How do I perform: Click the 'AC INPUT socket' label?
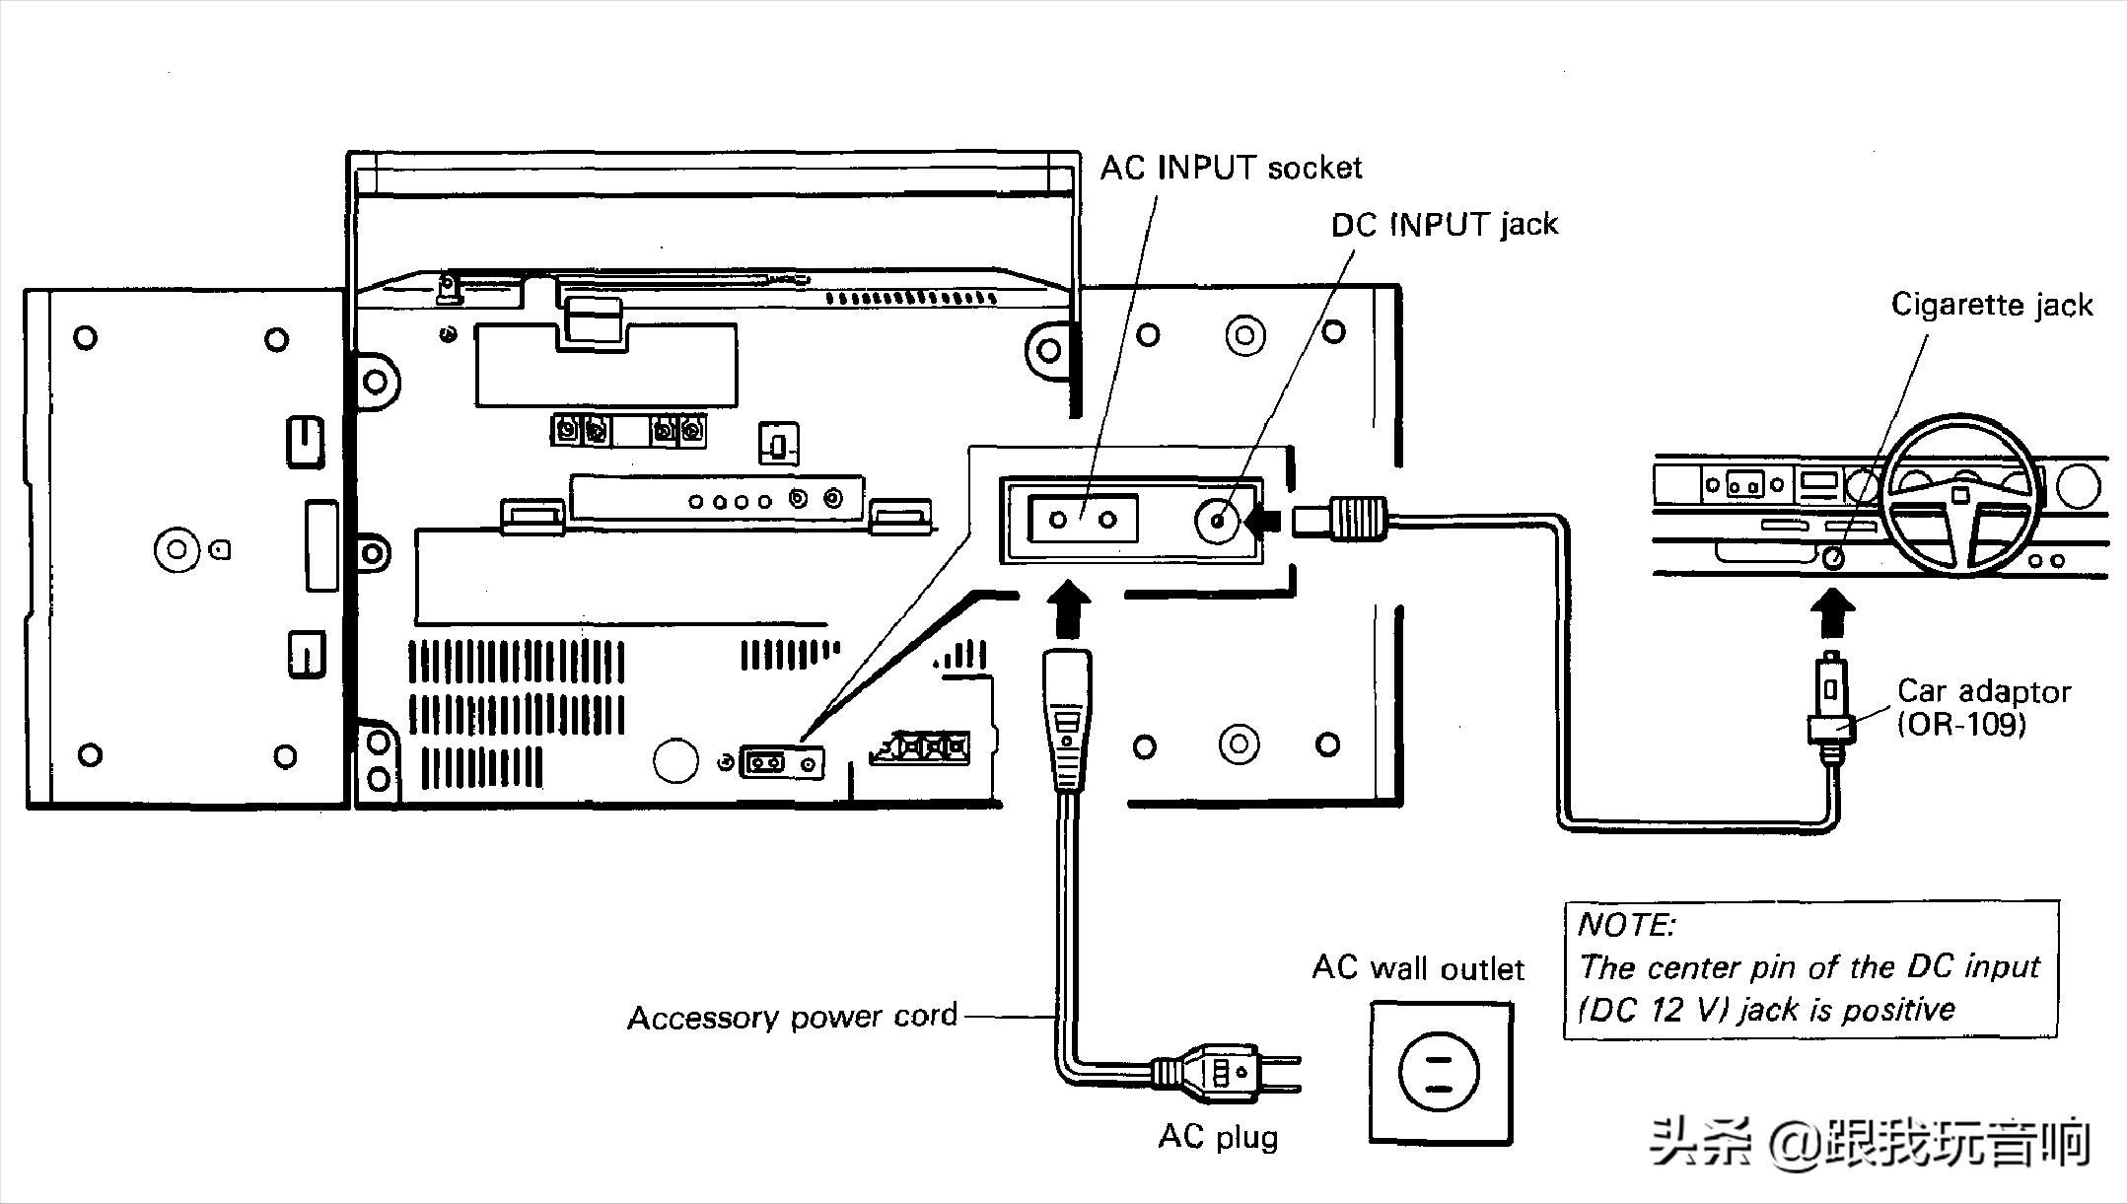pos(1231,168)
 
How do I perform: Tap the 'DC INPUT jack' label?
pos(1445,225)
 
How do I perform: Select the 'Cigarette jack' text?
pos(1992,305)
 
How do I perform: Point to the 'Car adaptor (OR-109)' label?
pos(1983,707)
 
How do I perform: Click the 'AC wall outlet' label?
pos(1418,967)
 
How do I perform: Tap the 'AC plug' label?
pos(1218,1137)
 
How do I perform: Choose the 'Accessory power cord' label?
pos(792,1017)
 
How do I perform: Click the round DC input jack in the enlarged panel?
pos(1219,520)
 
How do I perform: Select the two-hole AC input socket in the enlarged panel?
pos(1083,519)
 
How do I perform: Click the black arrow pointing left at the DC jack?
pos(1263,520)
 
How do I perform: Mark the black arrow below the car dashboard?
pos(1832,613)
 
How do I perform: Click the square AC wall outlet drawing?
pos(1440,1073)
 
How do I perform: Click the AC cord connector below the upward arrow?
pos(1068,719)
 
